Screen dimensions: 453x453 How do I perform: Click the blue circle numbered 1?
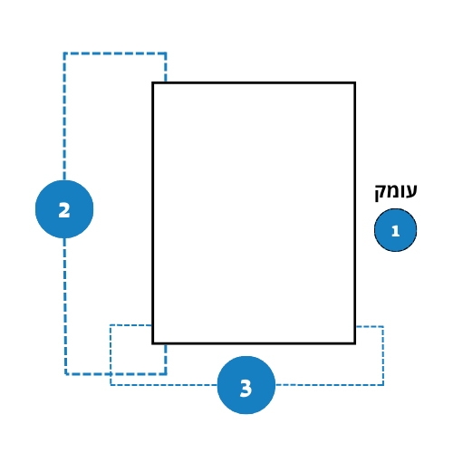(x=395, y=230)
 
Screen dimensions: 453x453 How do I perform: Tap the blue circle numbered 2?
(x=64, y=209)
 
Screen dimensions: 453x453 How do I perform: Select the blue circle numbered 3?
(x=246, y=385)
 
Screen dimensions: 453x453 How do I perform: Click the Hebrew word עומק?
(x=396, y=192)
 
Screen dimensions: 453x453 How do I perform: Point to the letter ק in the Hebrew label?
(x=381, y=193)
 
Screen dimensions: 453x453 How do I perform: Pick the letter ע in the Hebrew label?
(x=411, y=191)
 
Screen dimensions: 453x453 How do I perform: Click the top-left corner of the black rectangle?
(x=153, y=82)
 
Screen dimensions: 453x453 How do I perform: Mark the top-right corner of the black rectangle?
(x=354, y=82)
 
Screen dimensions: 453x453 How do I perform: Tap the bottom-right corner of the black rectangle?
(x=354, y=343)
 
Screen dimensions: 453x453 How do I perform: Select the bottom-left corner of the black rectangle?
(x=153, y=343)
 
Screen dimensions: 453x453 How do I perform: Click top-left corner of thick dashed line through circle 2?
(x=64, y=53)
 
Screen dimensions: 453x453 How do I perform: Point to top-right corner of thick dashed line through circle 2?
(x=166, y=53)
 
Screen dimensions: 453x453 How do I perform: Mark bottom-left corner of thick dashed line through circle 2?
(x=65, y=374)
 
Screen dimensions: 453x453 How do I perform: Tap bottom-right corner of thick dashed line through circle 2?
(x=166, y=374)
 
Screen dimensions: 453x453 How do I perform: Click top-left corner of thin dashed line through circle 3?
(x=111, y=325)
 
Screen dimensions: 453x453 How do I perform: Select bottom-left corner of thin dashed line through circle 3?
(x=111, y=385)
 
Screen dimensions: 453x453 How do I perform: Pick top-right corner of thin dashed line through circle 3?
(x=383, y=326)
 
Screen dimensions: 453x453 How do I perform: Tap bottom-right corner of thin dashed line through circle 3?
(x=383, y=385)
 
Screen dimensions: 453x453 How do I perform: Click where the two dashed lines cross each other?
(x=111, y=374)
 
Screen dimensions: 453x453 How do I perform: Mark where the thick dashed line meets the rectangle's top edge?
(x=166, y=82)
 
